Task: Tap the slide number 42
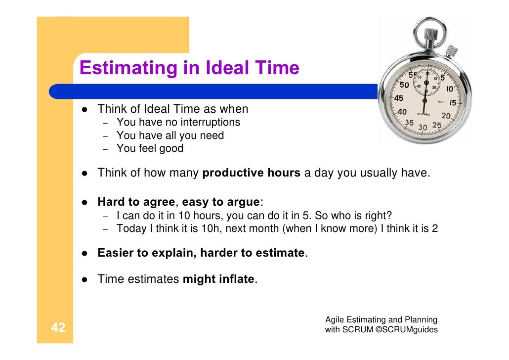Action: click(58, 327)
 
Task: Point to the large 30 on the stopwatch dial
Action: click(423, 127)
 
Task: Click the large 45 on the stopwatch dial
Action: click(398, 98)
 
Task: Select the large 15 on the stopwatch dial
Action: click(453, 103)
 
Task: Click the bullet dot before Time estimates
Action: click(85, 279)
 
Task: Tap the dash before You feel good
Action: click(105, 149)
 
